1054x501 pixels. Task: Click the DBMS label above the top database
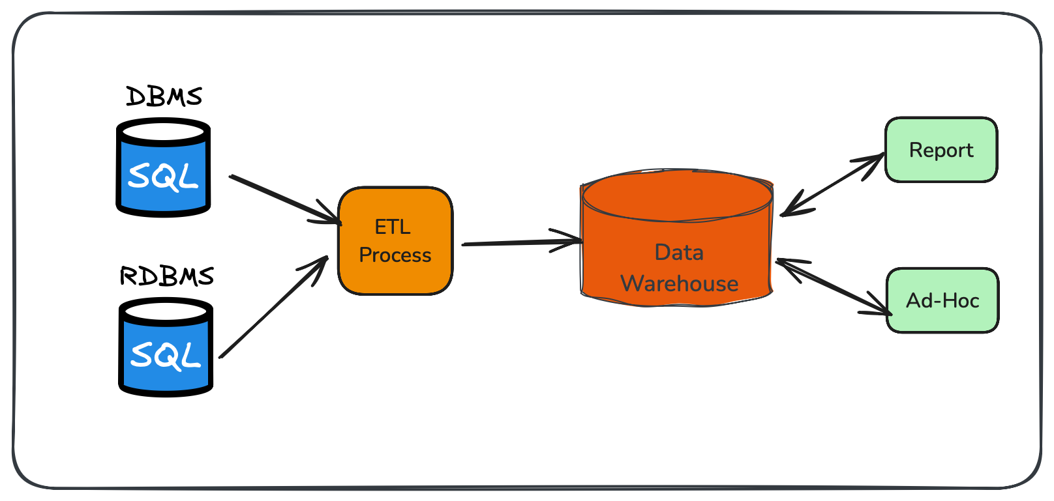(164, 96)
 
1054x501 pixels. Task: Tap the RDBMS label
(167, 276)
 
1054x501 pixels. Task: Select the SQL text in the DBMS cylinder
(163, 177)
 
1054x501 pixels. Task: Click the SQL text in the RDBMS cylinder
(166, 356)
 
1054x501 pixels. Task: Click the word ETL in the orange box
(393, 227)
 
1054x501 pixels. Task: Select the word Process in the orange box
(395, 255)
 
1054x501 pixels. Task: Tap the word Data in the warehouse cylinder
(679, 252)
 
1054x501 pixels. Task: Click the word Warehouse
(679, 283)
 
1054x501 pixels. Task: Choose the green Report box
(941, 150)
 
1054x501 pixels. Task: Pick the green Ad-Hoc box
(942, 300)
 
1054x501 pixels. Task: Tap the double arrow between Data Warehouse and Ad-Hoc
(834, 287)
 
